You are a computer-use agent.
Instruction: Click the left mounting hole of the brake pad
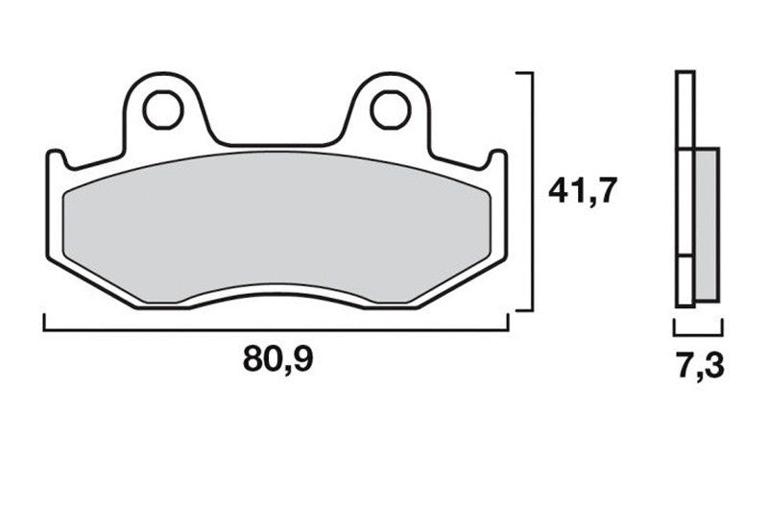click(162, 110)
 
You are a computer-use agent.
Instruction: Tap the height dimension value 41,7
click(581, 191)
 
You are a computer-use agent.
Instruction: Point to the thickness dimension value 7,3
click(697, 368)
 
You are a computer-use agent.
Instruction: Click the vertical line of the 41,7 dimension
click(531, 192)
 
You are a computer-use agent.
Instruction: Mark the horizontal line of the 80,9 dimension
click(278, 328)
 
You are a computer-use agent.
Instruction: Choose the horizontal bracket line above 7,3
click(697, 333)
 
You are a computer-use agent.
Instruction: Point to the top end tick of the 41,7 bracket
click(524, 73)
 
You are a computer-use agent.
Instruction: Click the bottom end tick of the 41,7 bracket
click(524, 309)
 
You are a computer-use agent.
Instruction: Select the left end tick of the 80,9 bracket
click(45, 322)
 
